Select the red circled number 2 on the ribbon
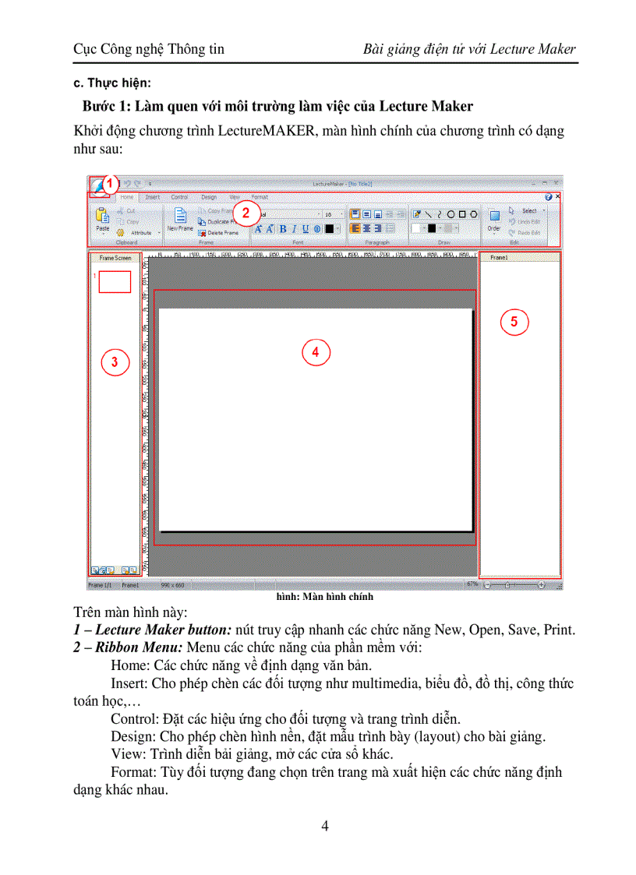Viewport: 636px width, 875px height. (x=246, y=213)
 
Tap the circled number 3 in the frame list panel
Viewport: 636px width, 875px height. (x=115, y=362)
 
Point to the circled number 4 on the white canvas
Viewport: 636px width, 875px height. (x=316, y=352)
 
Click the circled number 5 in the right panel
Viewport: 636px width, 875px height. (x=514, y=321)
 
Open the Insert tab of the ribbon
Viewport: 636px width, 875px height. (x=153, y=197)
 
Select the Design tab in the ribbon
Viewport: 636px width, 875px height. (x=209, y=197)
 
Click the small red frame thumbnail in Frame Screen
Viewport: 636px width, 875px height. (x=115, y=281)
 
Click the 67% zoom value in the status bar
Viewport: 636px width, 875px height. (x=472, y=583)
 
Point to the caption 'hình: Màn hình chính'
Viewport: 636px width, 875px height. (x=325, y=597)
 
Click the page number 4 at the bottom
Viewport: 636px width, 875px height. (x=325, y=827)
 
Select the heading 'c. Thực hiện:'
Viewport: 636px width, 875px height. (x=112, y=83)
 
